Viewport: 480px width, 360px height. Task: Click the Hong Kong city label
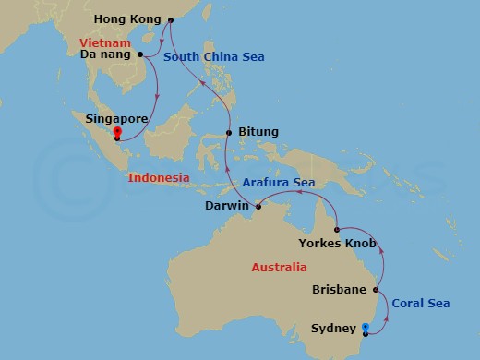(x=127, y=19)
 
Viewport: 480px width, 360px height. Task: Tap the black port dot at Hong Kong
(x=168, y=19)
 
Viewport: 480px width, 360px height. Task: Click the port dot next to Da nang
(x=141, y=54)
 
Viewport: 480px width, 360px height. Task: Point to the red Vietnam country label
(x=104, y=42)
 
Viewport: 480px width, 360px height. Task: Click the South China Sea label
(x=214, y=57)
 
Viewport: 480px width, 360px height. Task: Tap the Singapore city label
(x=117, y=119)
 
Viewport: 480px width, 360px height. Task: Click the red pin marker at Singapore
(x=117, y=133)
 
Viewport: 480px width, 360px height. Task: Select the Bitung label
(x=258, y=133)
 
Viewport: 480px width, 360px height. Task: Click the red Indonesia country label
(x=159, y=177)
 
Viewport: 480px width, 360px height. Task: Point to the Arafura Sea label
(x=280, y=183)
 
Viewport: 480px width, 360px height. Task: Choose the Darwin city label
(x=225, y=206)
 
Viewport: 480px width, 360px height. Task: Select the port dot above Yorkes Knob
(x=338, y=230)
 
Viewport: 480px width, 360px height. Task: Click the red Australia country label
(x=279, y=268)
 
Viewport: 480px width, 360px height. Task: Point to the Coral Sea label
(x=421, y=303)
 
